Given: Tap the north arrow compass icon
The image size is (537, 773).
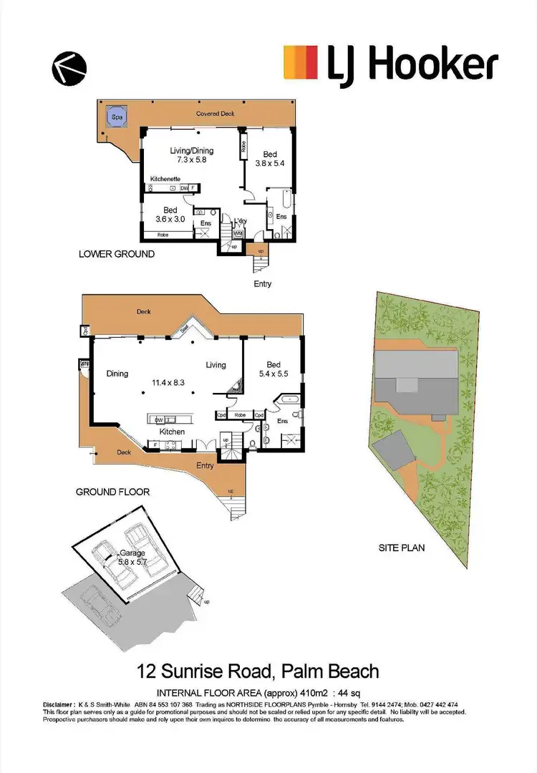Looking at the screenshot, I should (x=69, y=68).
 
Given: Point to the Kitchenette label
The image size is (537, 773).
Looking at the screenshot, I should (x=165, y=178).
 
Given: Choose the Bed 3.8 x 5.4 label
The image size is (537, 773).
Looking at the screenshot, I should (x=270, y=158).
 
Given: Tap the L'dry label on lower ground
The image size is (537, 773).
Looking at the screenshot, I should (x=241, y=221).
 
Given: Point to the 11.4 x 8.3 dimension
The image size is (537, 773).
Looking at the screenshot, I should (x=168, y=382).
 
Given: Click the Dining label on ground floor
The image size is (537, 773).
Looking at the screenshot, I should (x=117, y=373).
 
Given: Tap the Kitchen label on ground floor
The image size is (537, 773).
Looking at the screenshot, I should (x=172, y=432).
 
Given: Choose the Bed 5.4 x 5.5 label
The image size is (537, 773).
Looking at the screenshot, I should (x=272, y=369).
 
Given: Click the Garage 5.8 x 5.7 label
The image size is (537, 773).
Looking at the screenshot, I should (x=132, y=558).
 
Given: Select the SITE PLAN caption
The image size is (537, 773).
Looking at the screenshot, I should (x=402, y=548).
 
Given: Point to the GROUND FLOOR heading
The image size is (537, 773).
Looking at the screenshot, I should (x=112, y=492).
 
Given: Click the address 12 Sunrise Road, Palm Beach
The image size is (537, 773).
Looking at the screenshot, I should (x=258, y=671).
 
